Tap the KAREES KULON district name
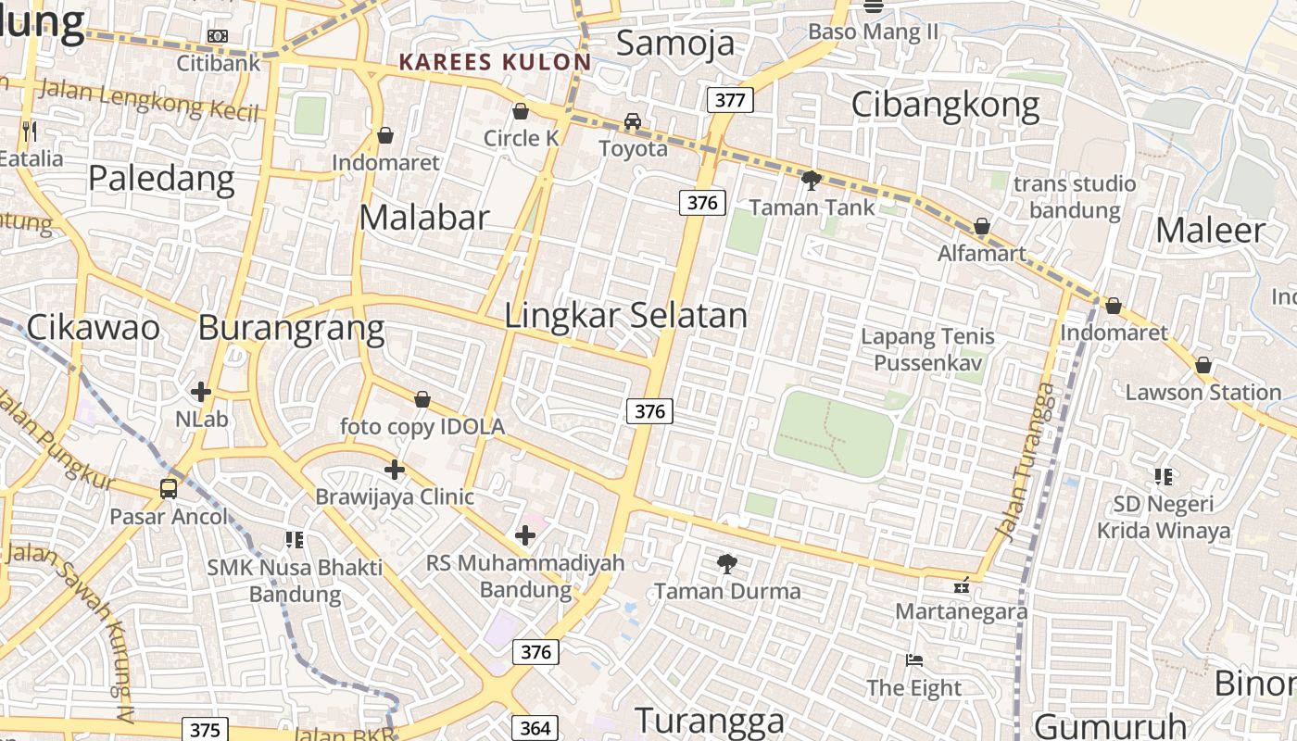tap(495, 62)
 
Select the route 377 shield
tap(730, 100)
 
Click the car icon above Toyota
tap(633, 121)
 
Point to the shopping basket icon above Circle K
tap(521, 111)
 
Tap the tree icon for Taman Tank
tap(812, 180)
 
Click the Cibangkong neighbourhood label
tap(945, 105)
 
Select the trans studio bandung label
tap(1075, 196)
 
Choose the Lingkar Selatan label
tap(625, 315)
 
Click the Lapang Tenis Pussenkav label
tap(927, 349)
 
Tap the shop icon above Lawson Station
tap(1203, 365)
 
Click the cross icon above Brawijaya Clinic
tap(395, 470)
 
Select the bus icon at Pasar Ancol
tap(169, 488)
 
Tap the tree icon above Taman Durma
tap(727, 563)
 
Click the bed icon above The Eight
tap(914, 660)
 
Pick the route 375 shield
tap(204, 730)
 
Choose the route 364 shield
tap(535, 728)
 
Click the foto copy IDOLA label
tap(422, 426)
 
